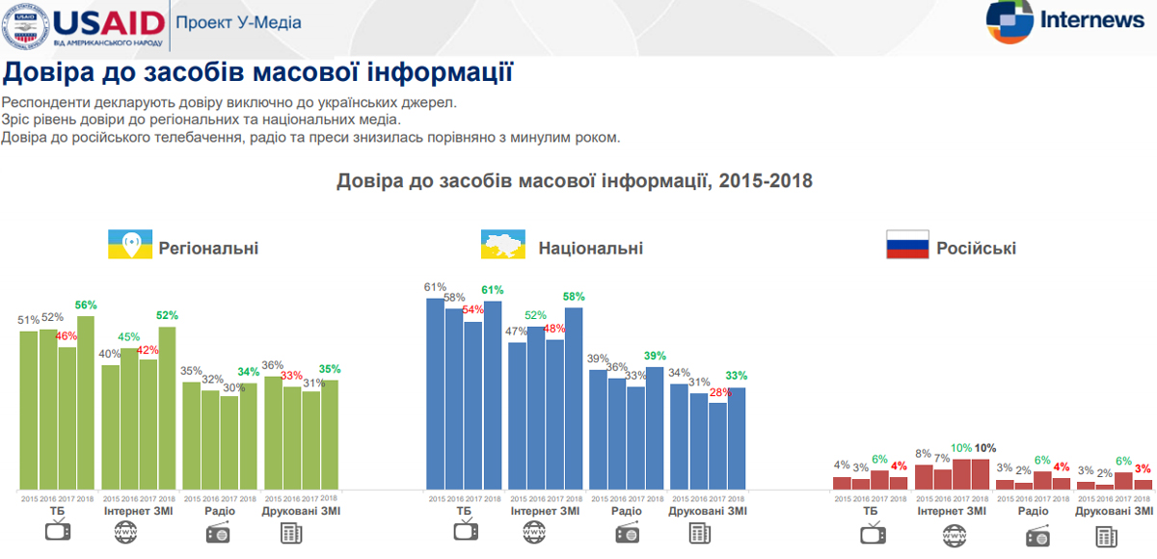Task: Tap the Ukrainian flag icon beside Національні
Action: pyautogui.click(x=502, y=245)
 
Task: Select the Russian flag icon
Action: pyautogui.click(x=906, y=245)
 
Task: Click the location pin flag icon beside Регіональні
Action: pyautogui.click(x=130, y=245)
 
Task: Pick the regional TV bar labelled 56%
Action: pyautogui.click(x=86, y=402)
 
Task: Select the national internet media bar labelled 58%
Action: pyautogui.click(x=574, y=397)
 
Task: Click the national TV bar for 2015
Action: pyautogui.click(x=436, y=393)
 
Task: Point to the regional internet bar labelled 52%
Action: pyautogui.click(x=168, y=408)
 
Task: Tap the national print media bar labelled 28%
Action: pyautogui.click(x=717, y=445)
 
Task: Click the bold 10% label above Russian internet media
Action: pyautogui.click(x=984, y=448)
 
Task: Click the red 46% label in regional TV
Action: pyautogui.click(x=67, y=336)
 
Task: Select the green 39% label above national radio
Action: pyautogui.click(x=655, y=356)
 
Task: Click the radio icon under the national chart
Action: pyautogui.click(x=627, y=532)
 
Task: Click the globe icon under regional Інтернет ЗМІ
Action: pyautogui.click(x=124, y=532)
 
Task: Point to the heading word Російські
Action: pyautogui.click(x=976, y=249)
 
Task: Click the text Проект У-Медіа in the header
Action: pyautogui.click(x=238, y=22)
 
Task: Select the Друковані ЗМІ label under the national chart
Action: pyautogui.click(x=708, y=511)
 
